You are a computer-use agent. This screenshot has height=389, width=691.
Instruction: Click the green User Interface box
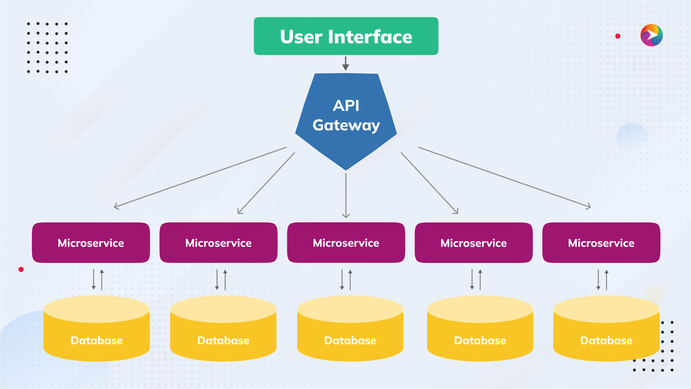click(x=346, y=36)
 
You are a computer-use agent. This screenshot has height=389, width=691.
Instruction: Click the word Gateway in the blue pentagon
click(x=346, y=125)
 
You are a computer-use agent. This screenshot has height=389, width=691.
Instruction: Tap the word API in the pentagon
click(x=346, y=106)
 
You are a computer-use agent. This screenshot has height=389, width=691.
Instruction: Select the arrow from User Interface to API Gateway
click(x=345, y=63)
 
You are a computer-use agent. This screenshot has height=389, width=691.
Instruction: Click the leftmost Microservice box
click(x=91, y=243)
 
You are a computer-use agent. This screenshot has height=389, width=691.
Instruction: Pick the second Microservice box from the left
click(x=218, y=243)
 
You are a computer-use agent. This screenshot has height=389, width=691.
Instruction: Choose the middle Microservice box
click(x=346, y=243)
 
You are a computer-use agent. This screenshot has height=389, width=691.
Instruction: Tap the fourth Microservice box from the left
click(x=473, y=243)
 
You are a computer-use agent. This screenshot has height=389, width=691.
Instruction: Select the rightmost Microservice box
click(x=601, y=243)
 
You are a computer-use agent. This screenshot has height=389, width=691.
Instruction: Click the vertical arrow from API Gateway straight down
click(x=346, y=196)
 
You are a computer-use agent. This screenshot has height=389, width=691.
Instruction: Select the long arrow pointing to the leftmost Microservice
click(x=200, y=177)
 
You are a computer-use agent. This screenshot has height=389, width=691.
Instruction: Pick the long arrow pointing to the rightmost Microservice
click(x=504, y=177)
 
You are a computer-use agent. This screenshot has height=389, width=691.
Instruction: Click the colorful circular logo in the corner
click(x=651, y=35)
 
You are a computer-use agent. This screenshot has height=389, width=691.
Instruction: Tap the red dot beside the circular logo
click(x=618, y=36)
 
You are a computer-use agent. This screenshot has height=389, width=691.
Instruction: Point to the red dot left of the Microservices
click(x=21, y=269)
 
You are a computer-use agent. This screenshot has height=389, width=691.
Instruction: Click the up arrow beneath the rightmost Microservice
click(x=606, y=280)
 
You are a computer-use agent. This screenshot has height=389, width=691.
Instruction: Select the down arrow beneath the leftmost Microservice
click(x=93, y=279)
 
